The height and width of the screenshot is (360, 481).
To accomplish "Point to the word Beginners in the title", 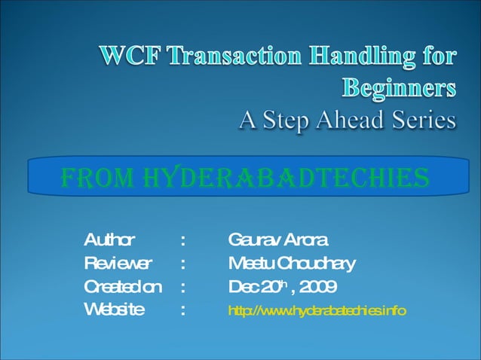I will [399, 90].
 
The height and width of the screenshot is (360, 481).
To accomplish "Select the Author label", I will [109, 241].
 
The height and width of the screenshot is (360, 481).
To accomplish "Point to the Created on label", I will [122, 287].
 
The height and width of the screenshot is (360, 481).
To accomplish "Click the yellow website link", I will [317, 310].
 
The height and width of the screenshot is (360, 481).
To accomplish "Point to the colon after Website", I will [183, 310].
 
